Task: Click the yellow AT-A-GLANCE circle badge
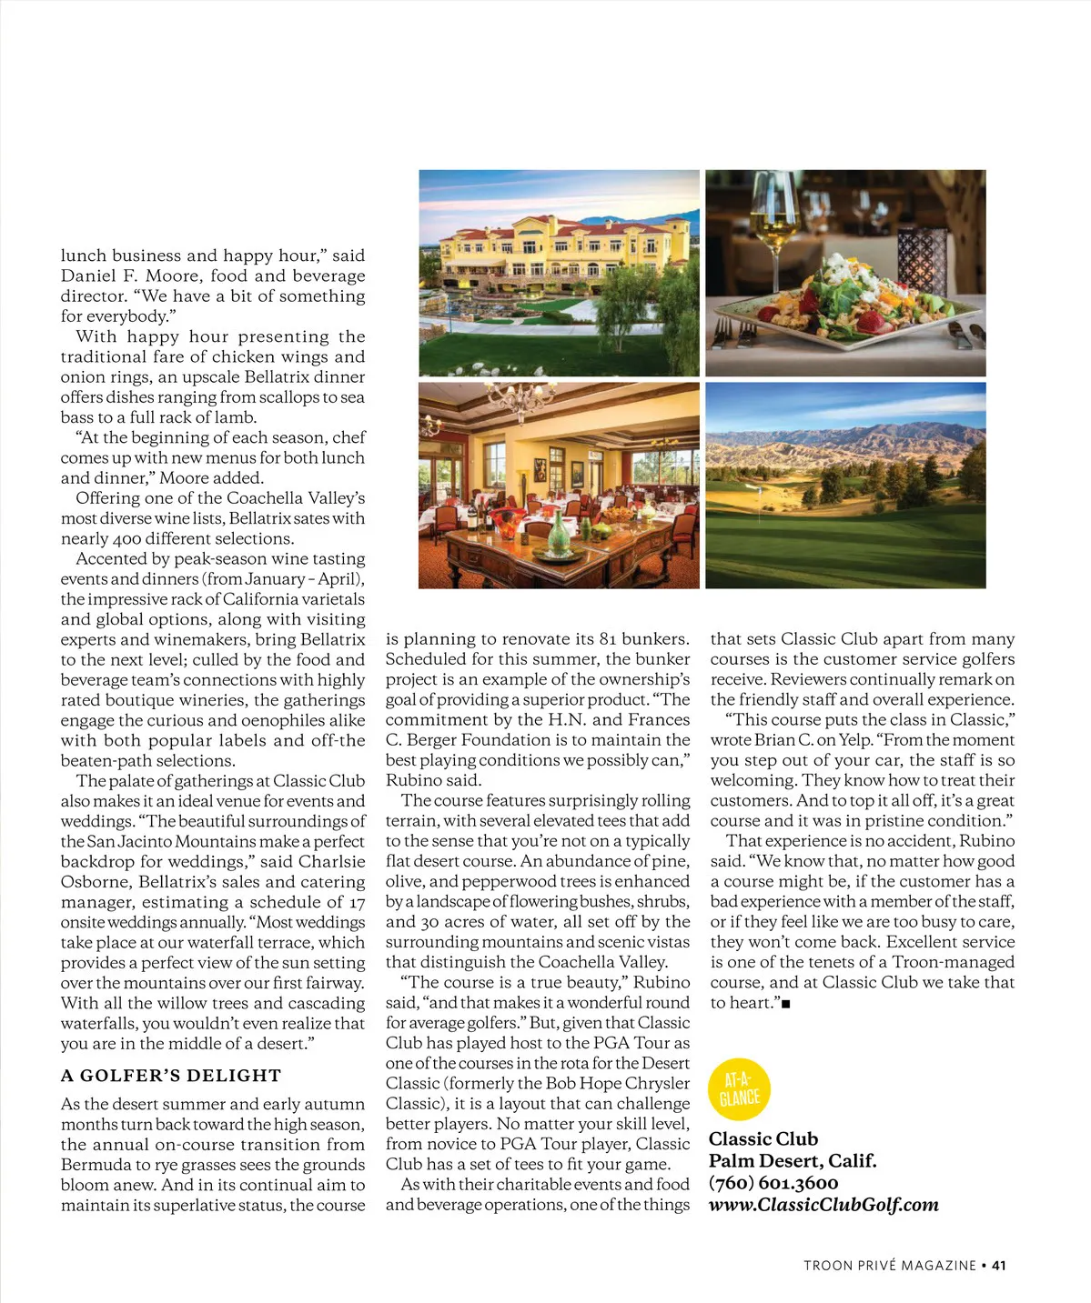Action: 739,1089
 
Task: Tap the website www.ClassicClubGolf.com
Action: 823,1205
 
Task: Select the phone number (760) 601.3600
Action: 773,1183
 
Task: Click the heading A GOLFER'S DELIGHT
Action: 171,1076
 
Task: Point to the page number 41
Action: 999,1265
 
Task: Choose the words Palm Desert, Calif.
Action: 793,1161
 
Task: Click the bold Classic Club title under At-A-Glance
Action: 763,1139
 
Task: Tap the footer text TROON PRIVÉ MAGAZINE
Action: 889,1265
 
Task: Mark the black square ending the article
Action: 786,1004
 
